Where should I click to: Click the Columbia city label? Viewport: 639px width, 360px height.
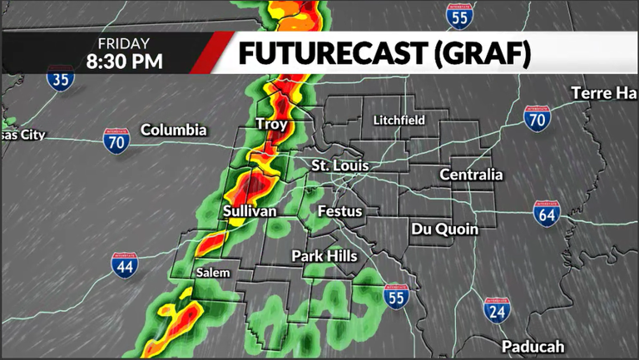click(173, 130)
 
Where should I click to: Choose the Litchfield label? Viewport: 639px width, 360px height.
click(399, 121)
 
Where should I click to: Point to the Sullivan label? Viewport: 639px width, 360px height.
click(250, 212)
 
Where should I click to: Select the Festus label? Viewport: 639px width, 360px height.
click(340, 211)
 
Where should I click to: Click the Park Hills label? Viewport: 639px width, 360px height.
click(324, 256)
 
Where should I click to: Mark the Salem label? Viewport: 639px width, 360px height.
click(212, 272)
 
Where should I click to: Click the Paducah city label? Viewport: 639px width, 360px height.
click(533, 346)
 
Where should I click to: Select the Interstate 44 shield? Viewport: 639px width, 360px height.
click(122, 264)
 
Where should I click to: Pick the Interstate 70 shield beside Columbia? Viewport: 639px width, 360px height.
click(116, 140)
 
